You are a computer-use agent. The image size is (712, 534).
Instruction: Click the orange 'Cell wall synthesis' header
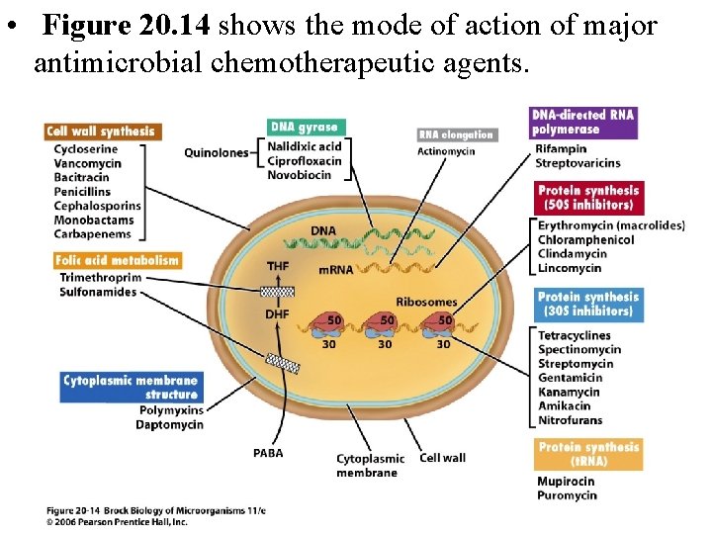coord(101,132)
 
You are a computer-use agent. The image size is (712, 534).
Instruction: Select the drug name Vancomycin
coord(87,163)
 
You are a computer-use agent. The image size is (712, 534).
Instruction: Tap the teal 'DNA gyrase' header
coord(306,127)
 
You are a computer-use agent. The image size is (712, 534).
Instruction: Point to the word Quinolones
coord(215,152)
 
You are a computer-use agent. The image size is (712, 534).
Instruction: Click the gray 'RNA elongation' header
coord(455,134)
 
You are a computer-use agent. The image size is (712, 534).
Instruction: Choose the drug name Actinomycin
coord(446,151)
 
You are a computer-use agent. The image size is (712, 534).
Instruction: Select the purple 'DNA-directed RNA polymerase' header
coord(583,123)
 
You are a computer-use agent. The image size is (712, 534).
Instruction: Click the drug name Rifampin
coord(562,149)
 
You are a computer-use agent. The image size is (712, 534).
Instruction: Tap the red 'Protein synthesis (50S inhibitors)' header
coord(588,198)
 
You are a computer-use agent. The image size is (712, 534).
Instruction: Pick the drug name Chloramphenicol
coord(585,240)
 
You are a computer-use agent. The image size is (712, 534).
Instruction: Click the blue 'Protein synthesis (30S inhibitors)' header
coord(588,304)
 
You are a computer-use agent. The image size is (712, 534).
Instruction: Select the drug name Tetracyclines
coord(574,336)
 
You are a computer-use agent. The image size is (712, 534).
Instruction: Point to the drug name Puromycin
coord(567,495)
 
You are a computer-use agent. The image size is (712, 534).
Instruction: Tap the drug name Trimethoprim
coord(100,279)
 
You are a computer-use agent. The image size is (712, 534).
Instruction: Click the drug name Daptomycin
coord(169,424)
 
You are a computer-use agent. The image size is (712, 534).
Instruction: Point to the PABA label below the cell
coord(267,454)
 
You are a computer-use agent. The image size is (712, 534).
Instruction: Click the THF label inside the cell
coord(278,267)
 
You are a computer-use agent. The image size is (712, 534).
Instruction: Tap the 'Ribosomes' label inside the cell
coord(426,302)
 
